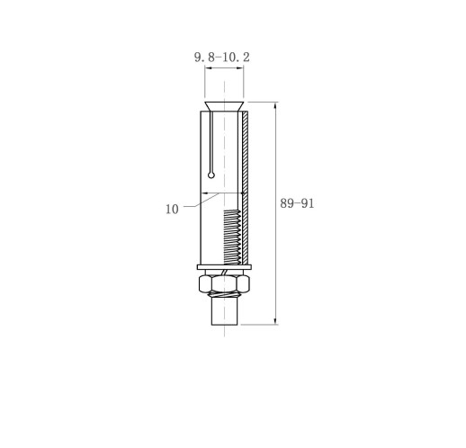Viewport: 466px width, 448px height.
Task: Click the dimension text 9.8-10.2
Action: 222,58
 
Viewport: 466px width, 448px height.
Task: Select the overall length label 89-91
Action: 297,203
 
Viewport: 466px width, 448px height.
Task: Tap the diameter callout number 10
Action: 172,209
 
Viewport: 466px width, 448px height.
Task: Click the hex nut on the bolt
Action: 224,283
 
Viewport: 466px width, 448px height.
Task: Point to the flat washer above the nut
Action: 224,267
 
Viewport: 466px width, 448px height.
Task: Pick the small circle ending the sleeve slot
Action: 211,175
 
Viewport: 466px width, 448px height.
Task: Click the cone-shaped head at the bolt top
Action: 224,106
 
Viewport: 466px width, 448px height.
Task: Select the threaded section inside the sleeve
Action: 232,237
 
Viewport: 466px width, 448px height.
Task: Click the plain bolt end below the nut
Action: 225,312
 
